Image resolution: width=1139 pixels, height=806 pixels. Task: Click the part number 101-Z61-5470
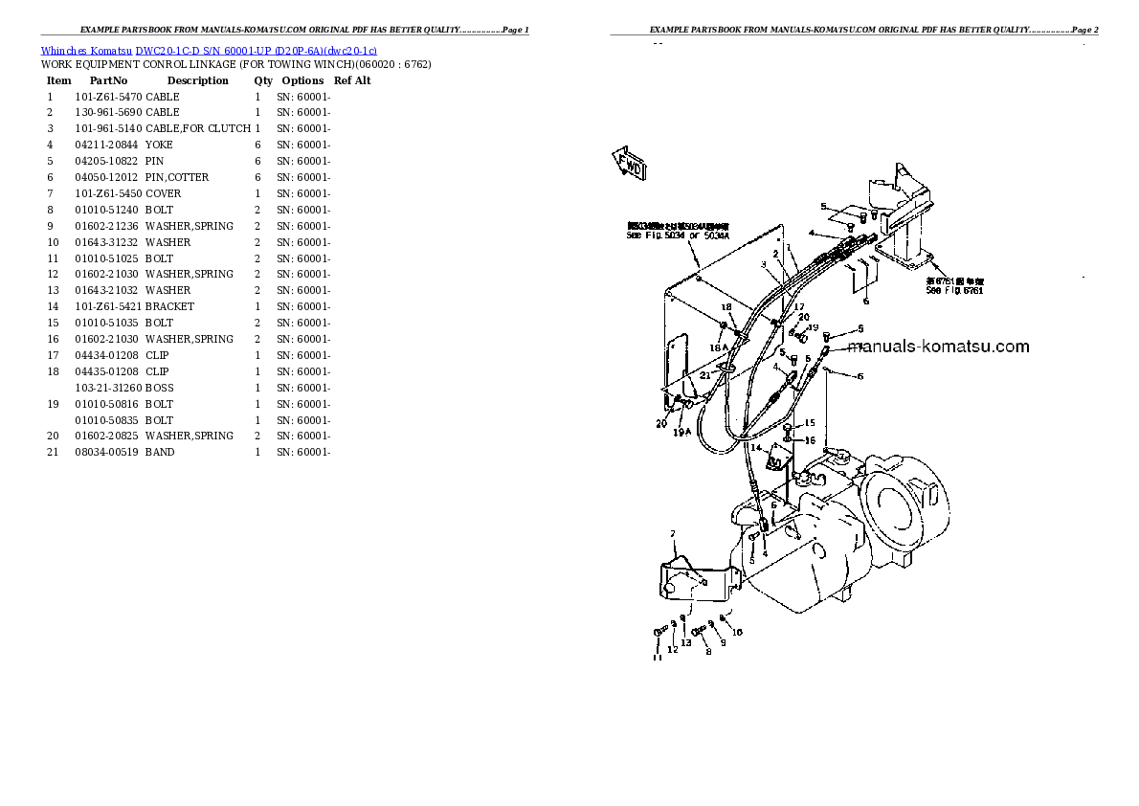point(107,97)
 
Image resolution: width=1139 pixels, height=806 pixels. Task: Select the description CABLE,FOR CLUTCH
point(197,128)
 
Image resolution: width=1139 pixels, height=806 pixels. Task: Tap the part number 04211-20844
point(107,145)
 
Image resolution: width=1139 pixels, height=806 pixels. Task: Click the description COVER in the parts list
point(163,193)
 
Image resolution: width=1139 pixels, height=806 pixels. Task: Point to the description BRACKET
point(169,306)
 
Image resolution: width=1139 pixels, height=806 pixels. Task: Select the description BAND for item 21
point(160,452)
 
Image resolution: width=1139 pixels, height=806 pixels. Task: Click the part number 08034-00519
point(107,452)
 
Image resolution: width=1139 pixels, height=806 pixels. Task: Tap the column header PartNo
point(108,80)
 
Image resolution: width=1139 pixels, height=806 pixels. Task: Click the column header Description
point(197,80)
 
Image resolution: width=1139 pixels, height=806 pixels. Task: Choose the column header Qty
point(263,80)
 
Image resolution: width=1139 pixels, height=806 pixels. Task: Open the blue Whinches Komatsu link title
point(209,49)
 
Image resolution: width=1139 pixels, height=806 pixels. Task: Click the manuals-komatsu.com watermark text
point(938,347)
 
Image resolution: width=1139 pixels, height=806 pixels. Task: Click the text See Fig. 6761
point(954,291)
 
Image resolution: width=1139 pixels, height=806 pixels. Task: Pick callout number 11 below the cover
point(658,657)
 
